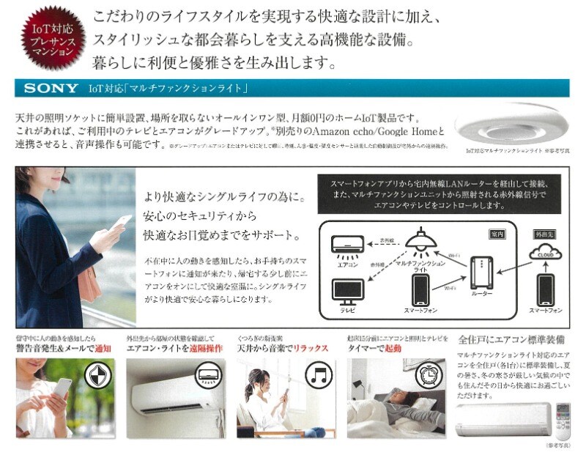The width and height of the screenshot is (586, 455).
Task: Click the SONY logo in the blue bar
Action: click(x=51, y=88)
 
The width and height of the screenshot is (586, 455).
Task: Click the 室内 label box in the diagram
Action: click(x=498, y=234)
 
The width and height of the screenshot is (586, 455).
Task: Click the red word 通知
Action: click(x=103, y=349)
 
